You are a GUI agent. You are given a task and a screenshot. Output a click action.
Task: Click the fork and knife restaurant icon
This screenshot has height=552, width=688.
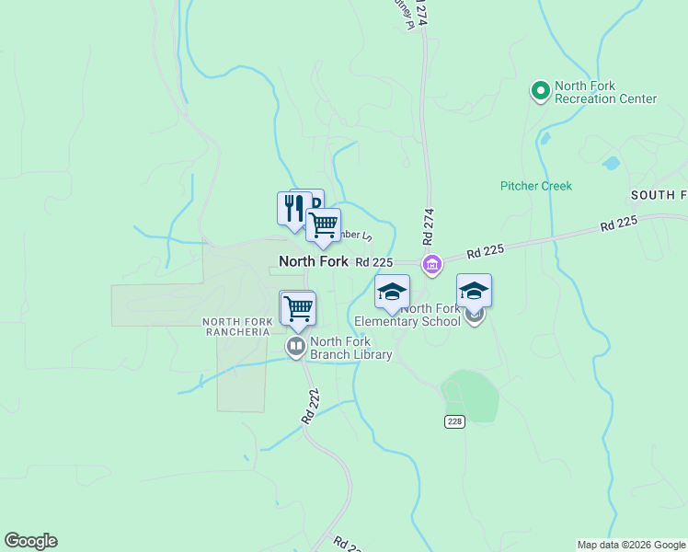click(x=292, y=208)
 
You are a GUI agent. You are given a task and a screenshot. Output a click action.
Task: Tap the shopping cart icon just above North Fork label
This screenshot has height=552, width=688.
click(x=323, y=225)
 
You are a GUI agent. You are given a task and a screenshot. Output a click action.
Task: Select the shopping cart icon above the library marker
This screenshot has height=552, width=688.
click(x=298, y=308)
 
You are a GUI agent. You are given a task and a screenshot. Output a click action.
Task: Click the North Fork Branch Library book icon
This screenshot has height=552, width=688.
click(x=296, y=347)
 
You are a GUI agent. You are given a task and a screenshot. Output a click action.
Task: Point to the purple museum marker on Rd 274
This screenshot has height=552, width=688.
click(x=431, y=265)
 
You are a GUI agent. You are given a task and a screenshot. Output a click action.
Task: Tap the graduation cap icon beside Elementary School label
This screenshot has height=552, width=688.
click(x=392, y=292)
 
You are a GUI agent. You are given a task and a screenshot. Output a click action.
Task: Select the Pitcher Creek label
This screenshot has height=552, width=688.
click(x=536, y=186)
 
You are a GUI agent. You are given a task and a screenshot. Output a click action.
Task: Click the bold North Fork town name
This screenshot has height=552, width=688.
click(x=314, y=261)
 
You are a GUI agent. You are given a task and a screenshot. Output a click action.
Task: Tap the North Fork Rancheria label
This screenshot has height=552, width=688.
click(x=237, y=326)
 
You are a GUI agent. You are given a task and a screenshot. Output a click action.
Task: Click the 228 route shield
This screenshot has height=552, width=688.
click(x=454, y=421)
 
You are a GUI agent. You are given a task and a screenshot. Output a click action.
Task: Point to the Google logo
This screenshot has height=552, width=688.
click(x=30, y=541)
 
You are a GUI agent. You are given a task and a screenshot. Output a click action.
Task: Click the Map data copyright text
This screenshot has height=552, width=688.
click(x=630, y=545)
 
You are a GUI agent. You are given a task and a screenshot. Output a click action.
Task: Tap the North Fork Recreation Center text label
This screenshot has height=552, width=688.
click(x=605, y=93)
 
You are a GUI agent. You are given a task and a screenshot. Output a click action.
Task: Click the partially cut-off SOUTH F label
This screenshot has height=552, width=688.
click(x=659, y=195)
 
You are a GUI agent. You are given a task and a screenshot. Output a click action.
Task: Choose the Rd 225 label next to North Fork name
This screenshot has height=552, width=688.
click(x=375, y=262)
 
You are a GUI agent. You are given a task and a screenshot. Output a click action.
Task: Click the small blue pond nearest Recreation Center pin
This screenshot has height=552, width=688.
click(x=545, y=140)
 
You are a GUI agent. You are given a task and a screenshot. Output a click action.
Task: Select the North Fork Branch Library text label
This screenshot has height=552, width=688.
click(x=350, y=348)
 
